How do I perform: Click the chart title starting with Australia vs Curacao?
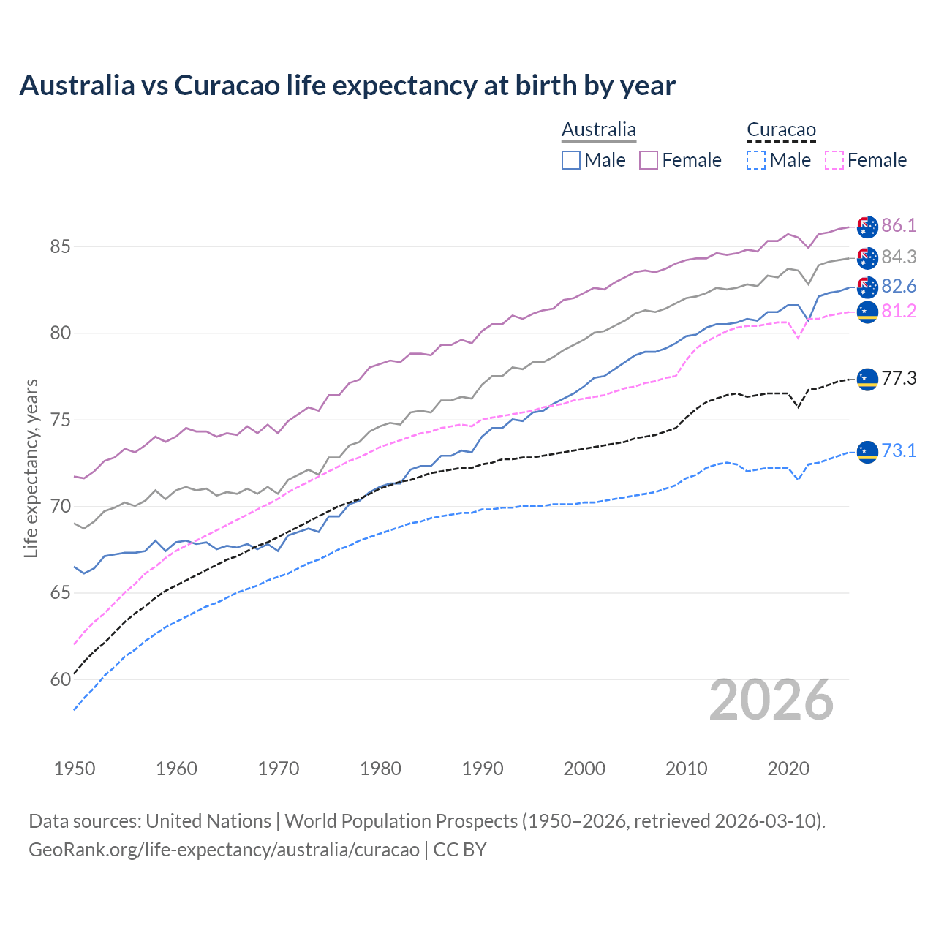[347, 86]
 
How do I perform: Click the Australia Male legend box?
[571, 160]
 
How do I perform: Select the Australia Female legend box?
[649, 160]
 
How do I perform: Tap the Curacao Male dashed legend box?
[756, 160]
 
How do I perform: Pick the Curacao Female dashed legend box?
[834, 160]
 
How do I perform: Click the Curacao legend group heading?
[781, 130]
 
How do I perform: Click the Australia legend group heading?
[599, 130]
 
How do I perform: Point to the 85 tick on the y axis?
[60, 247]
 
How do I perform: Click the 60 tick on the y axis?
[60, 680]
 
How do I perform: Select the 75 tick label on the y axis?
[60, 420]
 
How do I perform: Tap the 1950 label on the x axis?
[75, 769]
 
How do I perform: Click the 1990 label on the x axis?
[483, 769]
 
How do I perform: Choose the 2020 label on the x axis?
[788, 769]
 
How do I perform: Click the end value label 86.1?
[899, 225]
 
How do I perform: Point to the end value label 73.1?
[899, 450]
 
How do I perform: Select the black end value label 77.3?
[899, 378]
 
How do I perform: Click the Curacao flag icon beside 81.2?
[867, 312]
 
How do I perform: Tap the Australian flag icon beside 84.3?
[867, 257]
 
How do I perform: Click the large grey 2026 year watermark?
[771, 701]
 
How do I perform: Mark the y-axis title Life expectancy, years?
[31, 468]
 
